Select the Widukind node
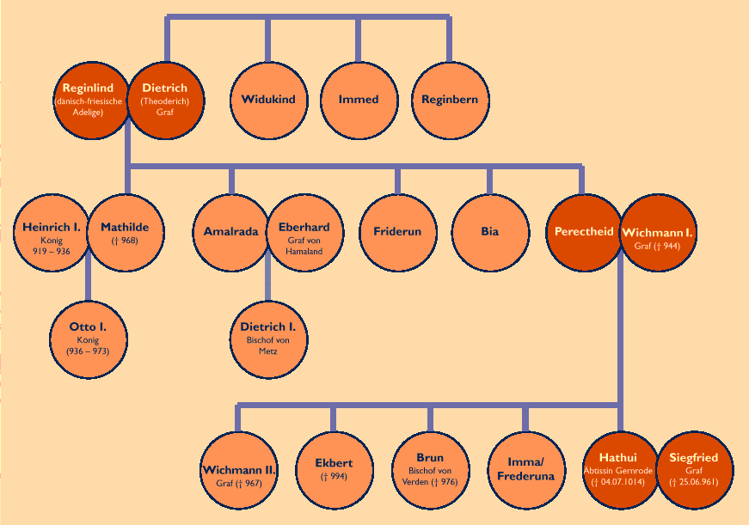268,100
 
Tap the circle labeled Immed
359,100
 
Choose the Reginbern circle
449,100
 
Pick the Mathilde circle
125,233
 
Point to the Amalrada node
231,233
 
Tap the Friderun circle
397,233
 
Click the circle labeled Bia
490,233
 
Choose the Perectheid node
583,233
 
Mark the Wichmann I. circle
657,233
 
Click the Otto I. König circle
88,338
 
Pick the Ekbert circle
334,469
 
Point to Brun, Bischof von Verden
430,469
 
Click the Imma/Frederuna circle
525,469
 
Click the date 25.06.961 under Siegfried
694,483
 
